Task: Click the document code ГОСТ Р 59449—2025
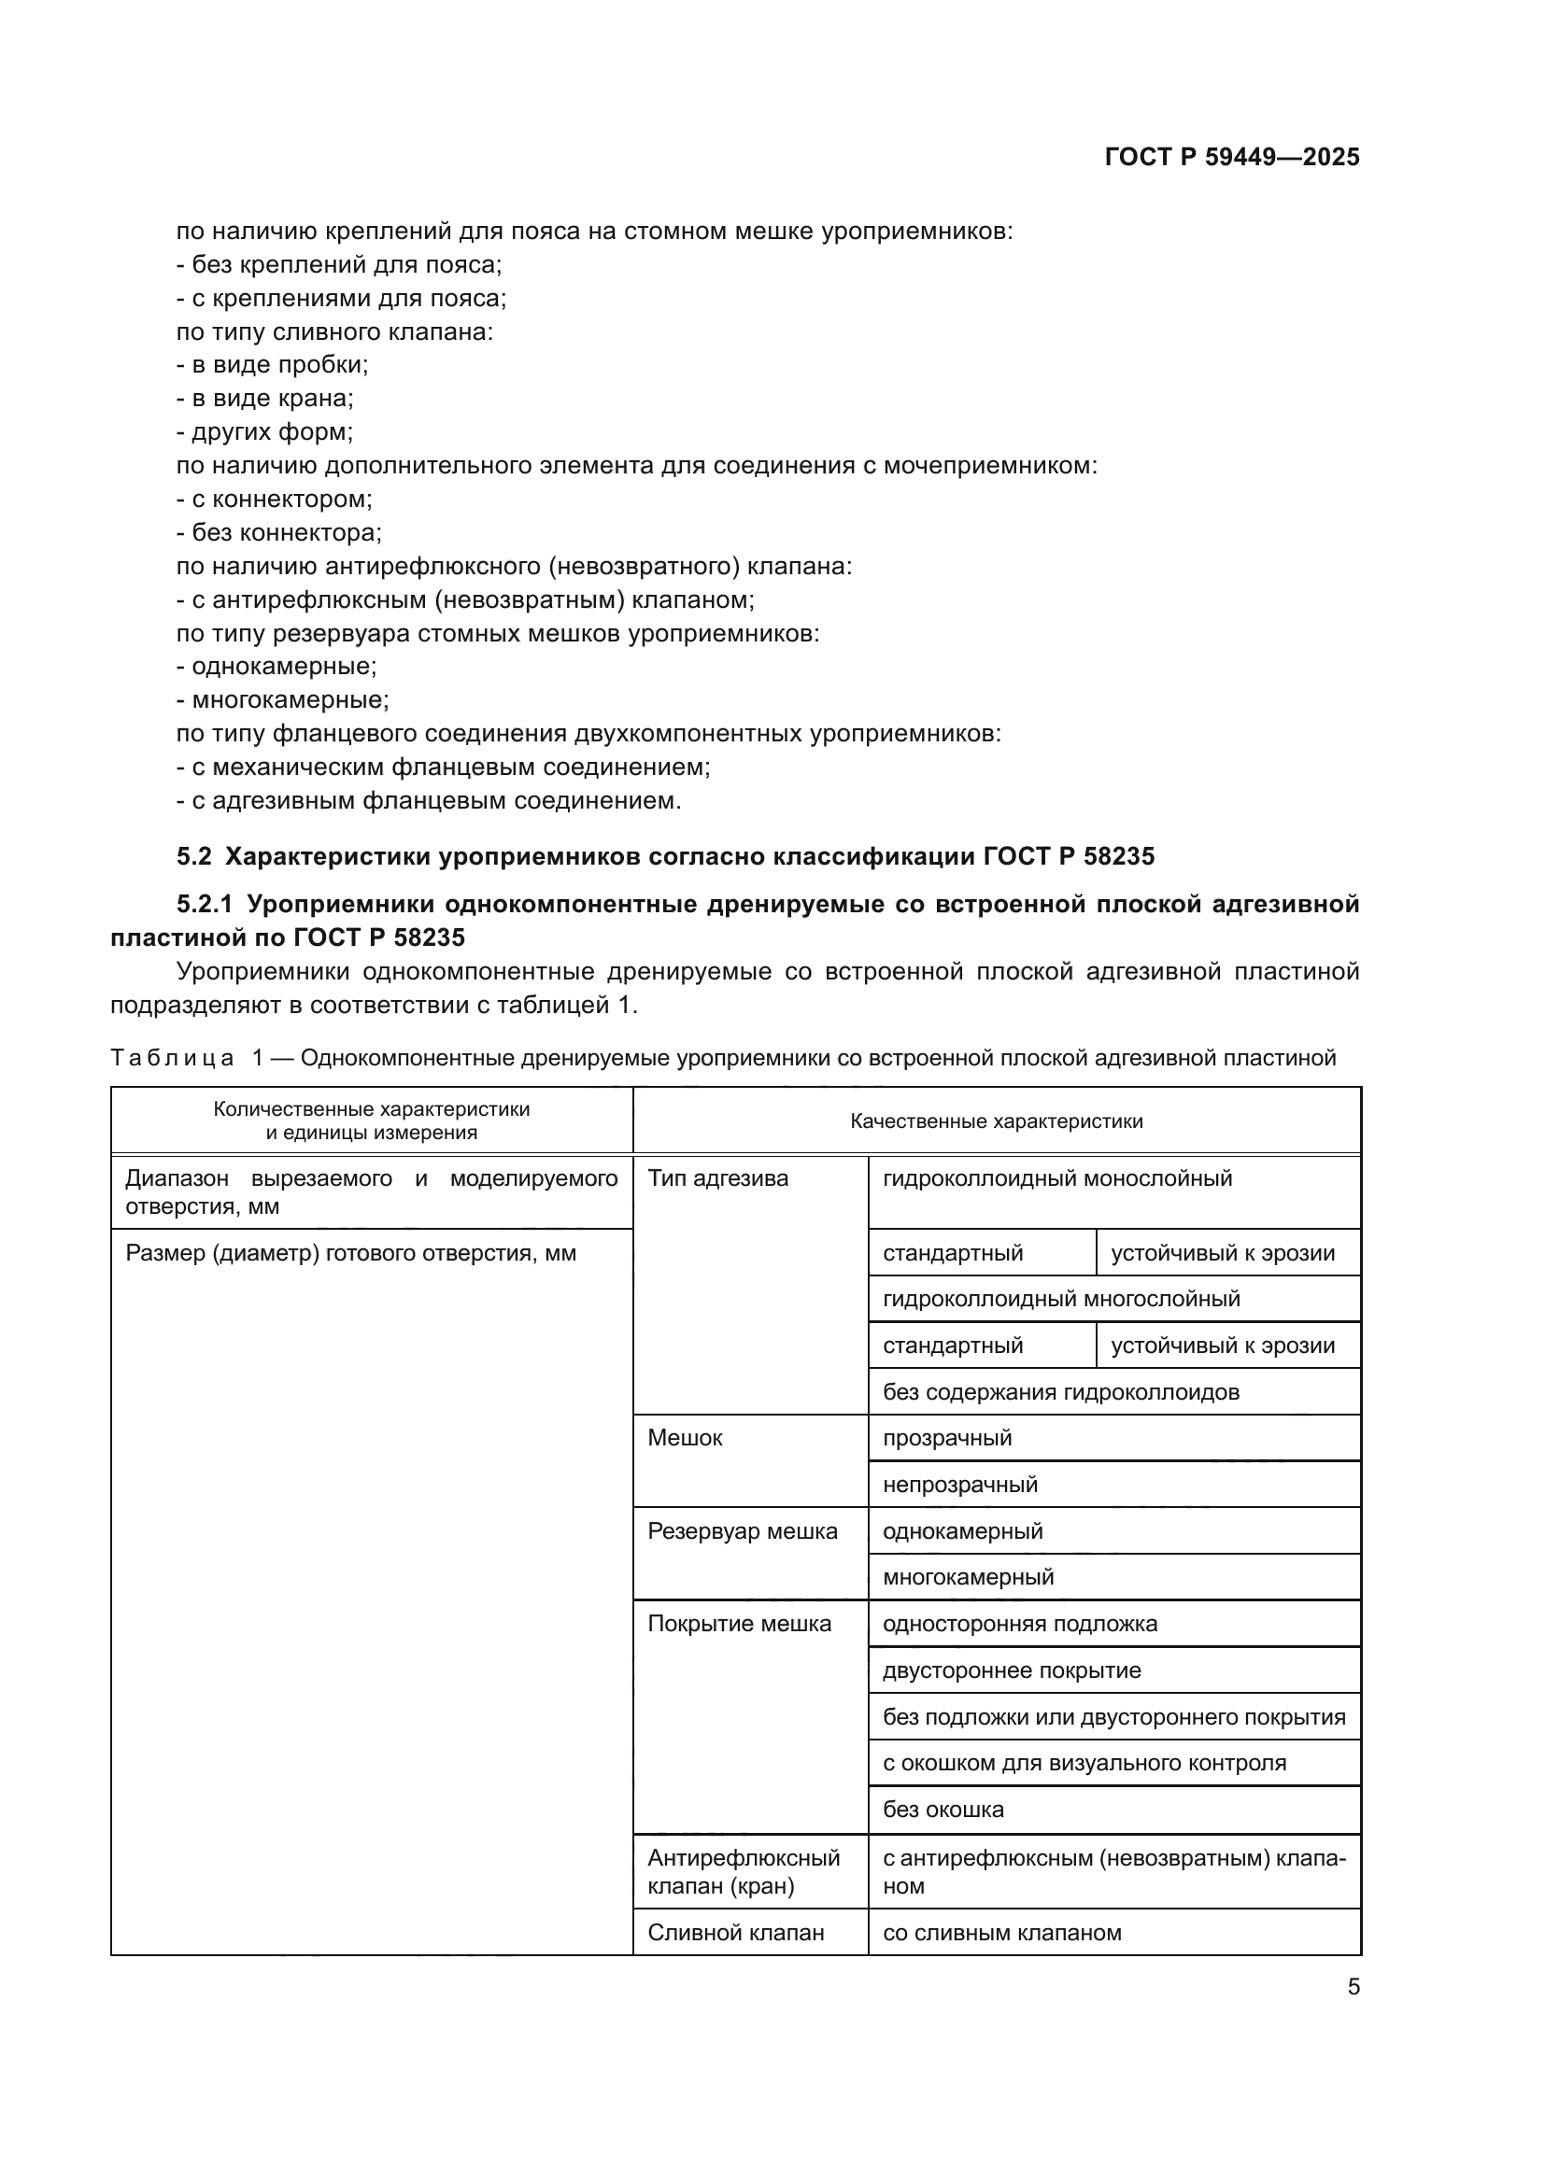click(x=1231, y=157)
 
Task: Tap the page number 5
click(x=1353, y=1986)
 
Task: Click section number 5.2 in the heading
click(x=193, y=856)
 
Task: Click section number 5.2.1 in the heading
click(x=205, y=904)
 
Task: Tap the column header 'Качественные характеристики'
click(x=996, y=1121)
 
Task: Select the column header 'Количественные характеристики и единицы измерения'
click(x=371, y=1121)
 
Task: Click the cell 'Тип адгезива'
click(x=717, y=1178)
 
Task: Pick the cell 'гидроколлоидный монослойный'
click(x=1057, y=1178)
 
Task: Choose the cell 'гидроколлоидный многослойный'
click(x=1061, y=1299)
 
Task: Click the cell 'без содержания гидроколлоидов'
click(x=1061, y=1392)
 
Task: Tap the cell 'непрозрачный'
click(x=960, y=1485)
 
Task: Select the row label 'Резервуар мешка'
click(x=742, y=1531)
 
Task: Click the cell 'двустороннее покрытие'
click(x=1012, y=1670)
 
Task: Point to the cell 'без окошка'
click(x=943, y=1810)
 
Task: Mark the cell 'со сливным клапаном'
click(x=1001, y=1933)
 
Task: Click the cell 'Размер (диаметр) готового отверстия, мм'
click(x=350, y=1253)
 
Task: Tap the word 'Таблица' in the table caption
click(x=171, y=1058)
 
